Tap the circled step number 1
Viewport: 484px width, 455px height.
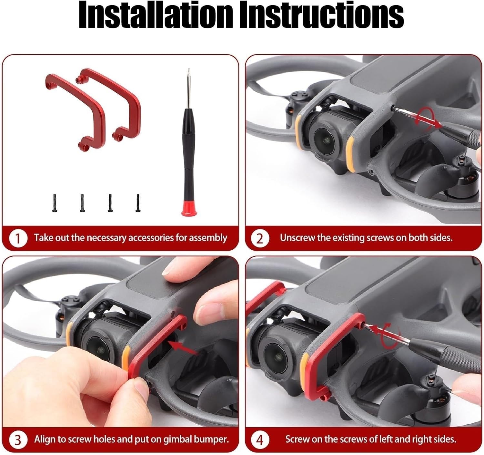point(17,238)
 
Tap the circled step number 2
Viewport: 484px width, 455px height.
point(260,238)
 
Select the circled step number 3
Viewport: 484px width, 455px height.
point(17,440)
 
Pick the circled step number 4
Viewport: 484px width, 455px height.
point(260,440)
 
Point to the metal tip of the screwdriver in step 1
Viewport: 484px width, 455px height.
point(188,88)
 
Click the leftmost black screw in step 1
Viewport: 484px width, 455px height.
point(55,203)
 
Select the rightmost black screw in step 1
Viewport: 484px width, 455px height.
point(138,203)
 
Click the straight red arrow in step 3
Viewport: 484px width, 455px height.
point(183,348)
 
